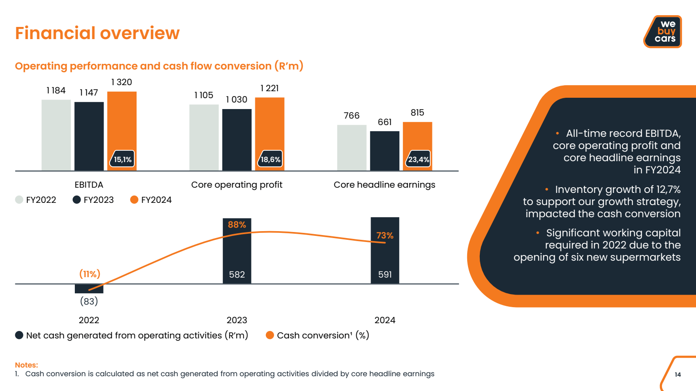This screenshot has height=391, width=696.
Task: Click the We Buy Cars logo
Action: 663,32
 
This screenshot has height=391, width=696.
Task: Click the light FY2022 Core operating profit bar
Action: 204,137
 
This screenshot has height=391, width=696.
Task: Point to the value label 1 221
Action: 269,88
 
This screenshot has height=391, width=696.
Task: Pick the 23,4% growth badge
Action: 418,159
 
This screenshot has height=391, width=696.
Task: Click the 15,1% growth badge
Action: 123,159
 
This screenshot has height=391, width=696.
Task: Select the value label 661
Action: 385,122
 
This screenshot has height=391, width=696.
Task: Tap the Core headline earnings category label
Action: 384,185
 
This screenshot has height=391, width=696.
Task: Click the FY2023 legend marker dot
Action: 77,199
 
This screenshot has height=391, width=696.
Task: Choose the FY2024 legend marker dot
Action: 134,199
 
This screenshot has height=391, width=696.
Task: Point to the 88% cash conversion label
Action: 237,225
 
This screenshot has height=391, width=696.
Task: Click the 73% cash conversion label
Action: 385,235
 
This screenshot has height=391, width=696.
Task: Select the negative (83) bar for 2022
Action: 89,288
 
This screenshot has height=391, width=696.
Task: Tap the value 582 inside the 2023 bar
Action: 237,275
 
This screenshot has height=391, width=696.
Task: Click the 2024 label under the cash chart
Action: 385,320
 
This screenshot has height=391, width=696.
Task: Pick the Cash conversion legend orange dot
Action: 270,335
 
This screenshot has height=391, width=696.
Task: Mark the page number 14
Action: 678,374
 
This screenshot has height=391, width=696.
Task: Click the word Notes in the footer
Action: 27,365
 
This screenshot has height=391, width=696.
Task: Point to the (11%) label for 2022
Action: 90,274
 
